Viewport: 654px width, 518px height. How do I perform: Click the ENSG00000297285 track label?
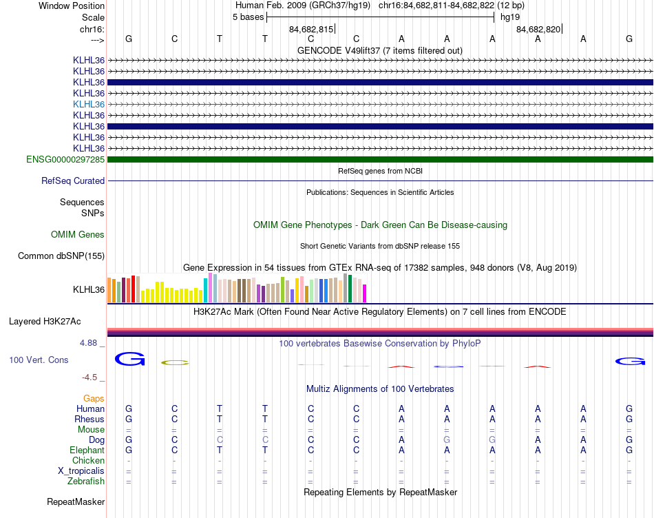click(x=65, y=160)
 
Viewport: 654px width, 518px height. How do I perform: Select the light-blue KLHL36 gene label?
click(x=89, y=104)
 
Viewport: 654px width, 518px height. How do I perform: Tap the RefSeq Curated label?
click(x=73, y=181)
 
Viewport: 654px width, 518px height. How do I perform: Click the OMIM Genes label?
click(x=78, y=235)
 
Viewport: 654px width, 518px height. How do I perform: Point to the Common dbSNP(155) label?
click(x=61, y=256)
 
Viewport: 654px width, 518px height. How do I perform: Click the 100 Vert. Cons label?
click(x=39, y=360)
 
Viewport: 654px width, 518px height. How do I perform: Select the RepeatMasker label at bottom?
click(x=76, y=502)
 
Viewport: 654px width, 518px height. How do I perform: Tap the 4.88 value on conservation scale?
click(x=91, y=342)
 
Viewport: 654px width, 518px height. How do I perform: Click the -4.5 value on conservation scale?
click(x=92, y=377)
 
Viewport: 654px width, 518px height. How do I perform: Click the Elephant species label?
click(x=86, y=450)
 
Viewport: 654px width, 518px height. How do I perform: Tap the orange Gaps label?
click(x=94, y=399)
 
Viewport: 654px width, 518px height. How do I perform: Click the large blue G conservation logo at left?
click(x=129, y=359)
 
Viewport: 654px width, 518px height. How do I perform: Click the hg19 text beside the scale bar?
click(x=510, y=17)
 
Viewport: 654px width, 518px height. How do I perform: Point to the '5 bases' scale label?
click(x=248, y=17)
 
